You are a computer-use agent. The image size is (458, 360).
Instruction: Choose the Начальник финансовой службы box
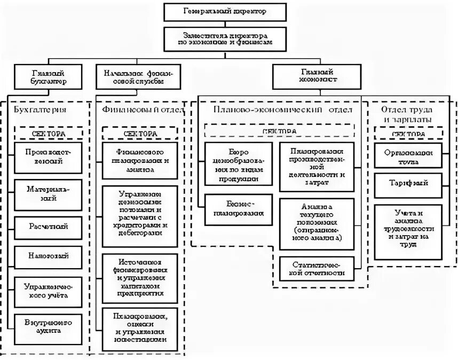coord(138,77)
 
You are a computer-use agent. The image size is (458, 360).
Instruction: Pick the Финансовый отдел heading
coord(142,109)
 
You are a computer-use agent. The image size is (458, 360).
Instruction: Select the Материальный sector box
coord(48,194)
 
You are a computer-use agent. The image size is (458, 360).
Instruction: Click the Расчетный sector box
coord(48,226)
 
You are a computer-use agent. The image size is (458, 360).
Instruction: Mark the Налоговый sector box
coord(48,256)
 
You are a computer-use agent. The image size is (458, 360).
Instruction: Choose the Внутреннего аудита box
coord(48,327)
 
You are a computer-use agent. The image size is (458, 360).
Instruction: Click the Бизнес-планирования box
coord(237,209)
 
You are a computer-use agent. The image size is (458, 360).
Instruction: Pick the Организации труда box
coord(408,155)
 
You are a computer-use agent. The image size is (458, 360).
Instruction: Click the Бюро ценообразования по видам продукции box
coord(237,160)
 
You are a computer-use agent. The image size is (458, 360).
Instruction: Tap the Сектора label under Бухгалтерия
coord(48,133)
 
